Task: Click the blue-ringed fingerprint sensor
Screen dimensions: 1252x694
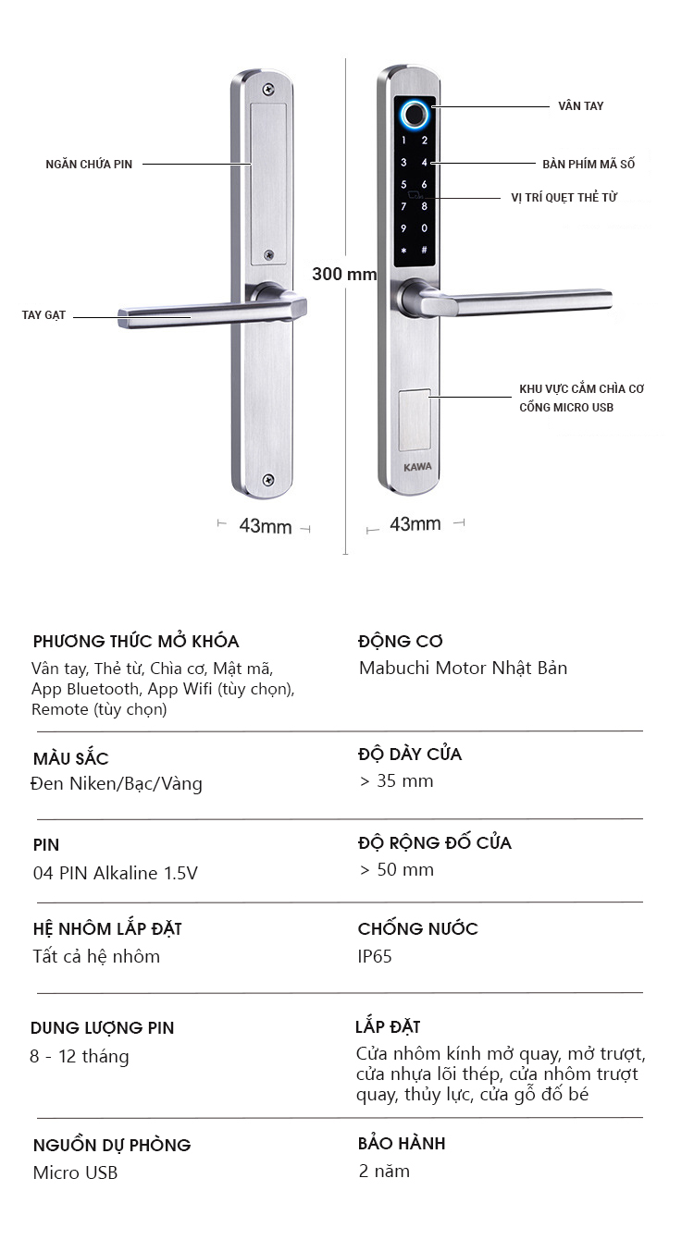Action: point(414,115)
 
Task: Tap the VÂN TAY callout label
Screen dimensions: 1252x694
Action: point(580,106)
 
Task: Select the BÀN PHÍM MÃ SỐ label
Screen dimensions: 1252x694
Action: point(589,164)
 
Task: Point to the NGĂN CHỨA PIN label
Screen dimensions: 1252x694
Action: point(89,165)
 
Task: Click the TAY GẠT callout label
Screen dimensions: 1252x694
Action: point(43,315)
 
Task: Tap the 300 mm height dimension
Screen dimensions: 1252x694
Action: point(344,274)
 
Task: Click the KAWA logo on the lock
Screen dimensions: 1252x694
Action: point(416,466)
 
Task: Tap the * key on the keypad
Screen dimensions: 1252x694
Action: point(403,251)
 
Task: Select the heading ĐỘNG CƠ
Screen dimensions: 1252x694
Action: point(401,641)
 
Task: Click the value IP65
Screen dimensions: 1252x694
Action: point(375,956)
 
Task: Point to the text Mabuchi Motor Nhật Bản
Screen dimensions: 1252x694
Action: point(463,668)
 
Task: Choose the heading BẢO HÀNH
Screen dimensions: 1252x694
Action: point(402,1144)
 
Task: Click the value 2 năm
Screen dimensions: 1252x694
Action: point(384,1172)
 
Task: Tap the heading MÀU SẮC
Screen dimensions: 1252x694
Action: point(70,758)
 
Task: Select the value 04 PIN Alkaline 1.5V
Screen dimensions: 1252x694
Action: point(115,873)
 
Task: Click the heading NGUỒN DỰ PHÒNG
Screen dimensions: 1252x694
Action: point(112,1145)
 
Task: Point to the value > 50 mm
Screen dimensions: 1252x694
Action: point(396,869)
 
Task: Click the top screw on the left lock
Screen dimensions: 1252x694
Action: point(267,90)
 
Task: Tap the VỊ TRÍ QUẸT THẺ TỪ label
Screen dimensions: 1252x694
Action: point(564,197)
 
